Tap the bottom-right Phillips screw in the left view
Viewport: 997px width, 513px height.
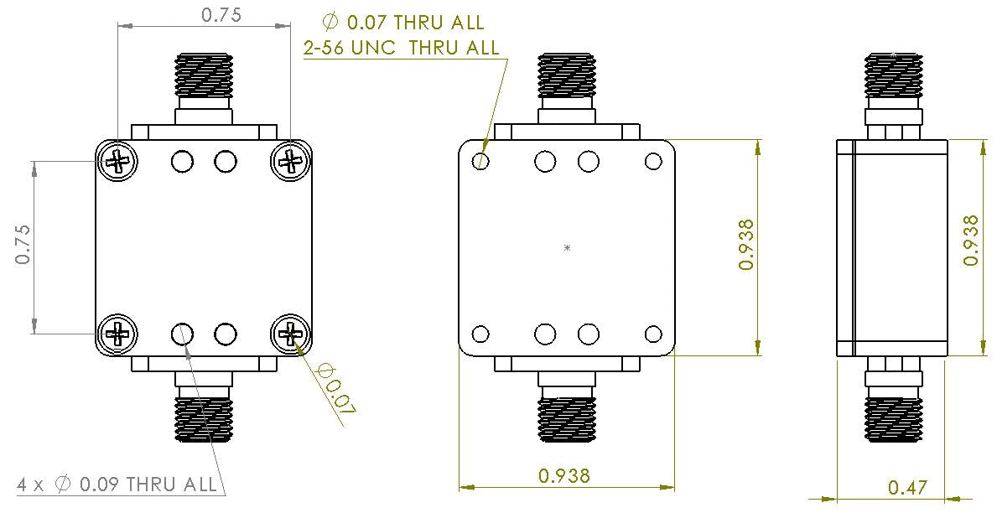(x=290, y=334)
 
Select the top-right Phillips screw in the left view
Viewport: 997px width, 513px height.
(x=290, y=160)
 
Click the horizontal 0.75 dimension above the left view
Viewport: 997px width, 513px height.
(x=204, y=15)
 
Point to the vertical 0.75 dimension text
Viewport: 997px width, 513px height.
(x=23, y=245)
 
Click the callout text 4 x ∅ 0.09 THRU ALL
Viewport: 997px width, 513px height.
(x=117, y=484)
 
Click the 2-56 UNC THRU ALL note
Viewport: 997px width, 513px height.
(x=401, y=48)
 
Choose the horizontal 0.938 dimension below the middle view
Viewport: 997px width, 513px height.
(x=564, y=475)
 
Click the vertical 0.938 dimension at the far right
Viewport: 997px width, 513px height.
(x=971, y=241)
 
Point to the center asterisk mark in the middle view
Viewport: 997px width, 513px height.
(x=568, y=248)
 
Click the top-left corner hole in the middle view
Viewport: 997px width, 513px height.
(x=481, y=161)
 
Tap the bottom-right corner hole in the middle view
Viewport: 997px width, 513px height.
(x=652, y=335)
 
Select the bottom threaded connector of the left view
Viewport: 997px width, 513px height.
(x=204, y=418)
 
